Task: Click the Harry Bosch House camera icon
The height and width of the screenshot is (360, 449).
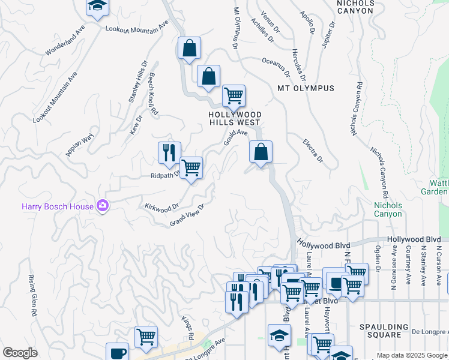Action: (103, 206)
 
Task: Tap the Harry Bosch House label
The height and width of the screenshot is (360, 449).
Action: (58, 206)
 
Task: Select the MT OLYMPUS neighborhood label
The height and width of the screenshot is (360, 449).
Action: (306, 88)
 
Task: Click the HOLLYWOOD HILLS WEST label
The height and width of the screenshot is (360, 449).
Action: (235, 118)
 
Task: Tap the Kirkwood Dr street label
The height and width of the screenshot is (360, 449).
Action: (162, 206)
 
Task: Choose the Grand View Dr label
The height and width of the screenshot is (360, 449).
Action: (187, 215)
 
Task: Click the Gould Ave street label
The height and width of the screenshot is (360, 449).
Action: (235, 138)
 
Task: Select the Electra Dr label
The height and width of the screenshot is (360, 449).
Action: (313, 152)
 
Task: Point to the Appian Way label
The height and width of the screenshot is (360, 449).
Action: (80, 145)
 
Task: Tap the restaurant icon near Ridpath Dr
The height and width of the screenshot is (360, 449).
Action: (169, 153)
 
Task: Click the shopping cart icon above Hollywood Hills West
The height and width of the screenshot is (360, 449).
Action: (234, 95)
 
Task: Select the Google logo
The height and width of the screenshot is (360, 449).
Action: (20, 353)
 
